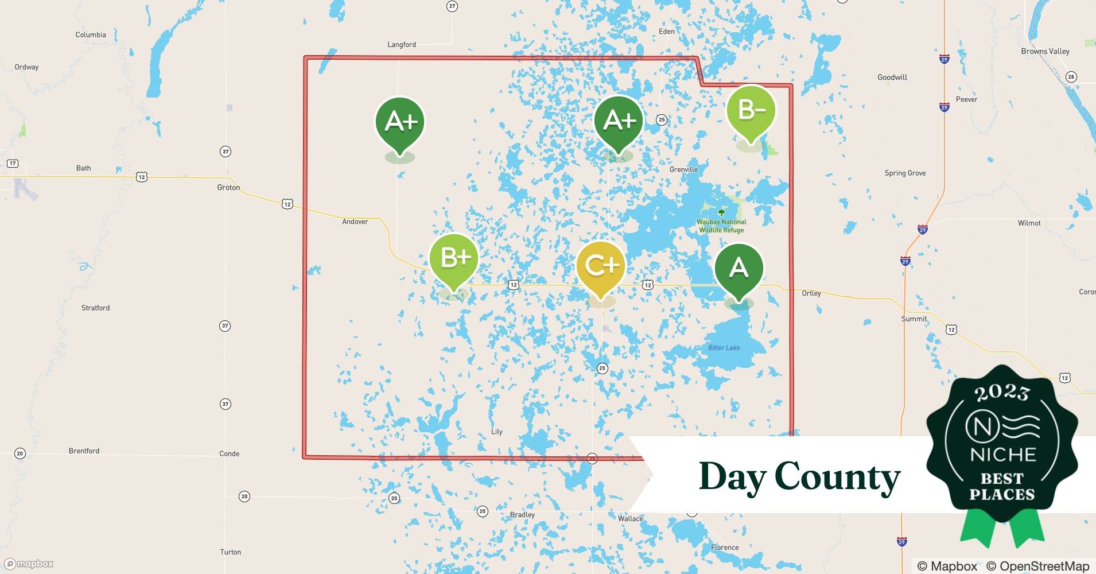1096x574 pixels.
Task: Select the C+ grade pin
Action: tap(601, 266)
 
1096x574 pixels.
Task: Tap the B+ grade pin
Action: tap(454, 259)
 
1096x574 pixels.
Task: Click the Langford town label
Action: tap(402, 45)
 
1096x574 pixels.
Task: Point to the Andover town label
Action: tap(355, 222)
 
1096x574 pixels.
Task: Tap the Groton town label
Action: tap(228, 188)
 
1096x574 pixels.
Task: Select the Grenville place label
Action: tap(683, 169)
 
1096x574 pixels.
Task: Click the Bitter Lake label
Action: tap(724, 348)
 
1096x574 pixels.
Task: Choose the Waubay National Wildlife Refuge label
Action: tap(721, 226)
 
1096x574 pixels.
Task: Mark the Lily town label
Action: tap(497, 432)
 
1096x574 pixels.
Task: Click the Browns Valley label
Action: tap(1045, 51)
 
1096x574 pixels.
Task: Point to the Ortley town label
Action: tap(811, 293)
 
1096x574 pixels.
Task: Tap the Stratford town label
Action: tap(95, 308)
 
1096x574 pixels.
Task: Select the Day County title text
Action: tap(799, 476)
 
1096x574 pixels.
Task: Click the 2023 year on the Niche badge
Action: tap(1002, 392)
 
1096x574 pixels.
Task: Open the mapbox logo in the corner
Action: tap(29, 564)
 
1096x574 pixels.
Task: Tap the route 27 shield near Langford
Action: tap(452, 6)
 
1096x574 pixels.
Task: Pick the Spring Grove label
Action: tap(905, 173)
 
